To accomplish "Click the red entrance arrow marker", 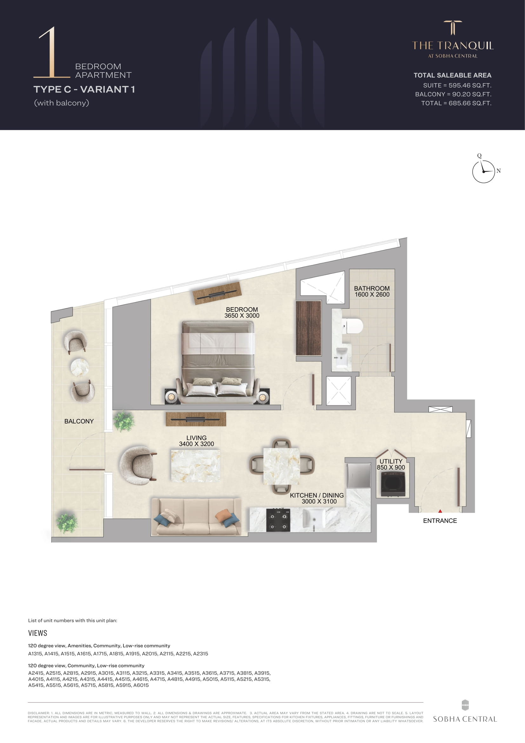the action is (x=440, y=511).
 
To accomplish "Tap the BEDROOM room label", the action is (x=242, y=309).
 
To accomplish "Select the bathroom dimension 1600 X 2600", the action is (x=372, y=294).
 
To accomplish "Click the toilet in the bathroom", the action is (x=353, y=326).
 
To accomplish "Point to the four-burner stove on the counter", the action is (x=278, y=520).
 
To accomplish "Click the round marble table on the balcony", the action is (x=80, y=367).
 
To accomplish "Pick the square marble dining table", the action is (x=281, y=466).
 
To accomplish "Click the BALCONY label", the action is (x=79, y=421).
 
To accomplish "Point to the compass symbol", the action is (x=484, y=172).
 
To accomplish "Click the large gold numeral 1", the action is (x=52, y=52).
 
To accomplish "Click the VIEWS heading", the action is (x=37, y=633).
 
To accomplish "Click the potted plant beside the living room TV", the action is (x=124, y=421).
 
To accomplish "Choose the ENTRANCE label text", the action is (x=440, y=521).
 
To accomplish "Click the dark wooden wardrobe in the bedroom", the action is (x=309, y=328).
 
